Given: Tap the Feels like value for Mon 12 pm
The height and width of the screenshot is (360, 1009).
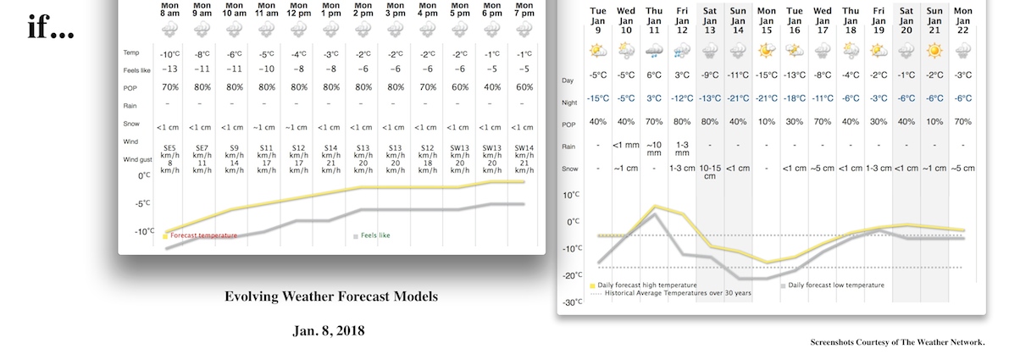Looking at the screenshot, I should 297,69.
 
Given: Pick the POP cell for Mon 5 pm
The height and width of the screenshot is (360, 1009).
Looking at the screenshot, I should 460,86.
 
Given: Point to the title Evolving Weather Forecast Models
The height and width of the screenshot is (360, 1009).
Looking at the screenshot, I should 331,296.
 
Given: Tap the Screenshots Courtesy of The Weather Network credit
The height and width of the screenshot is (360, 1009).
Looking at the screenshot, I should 897,342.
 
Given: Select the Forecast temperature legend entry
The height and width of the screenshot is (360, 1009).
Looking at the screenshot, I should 204,235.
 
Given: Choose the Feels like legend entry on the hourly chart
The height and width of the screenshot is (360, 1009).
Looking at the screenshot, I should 373,236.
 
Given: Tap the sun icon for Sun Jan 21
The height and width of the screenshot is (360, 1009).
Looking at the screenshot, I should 934,51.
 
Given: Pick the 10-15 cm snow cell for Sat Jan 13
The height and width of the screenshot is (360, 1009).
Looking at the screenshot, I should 710,172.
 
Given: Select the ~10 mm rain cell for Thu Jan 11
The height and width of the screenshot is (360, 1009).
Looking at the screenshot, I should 654,149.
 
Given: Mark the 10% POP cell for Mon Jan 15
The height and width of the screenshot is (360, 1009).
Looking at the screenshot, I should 766,121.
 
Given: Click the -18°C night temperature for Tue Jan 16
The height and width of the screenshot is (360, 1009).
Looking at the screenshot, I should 794,98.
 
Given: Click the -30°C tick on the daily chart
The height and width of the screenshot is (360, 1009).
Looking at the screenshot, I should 572,302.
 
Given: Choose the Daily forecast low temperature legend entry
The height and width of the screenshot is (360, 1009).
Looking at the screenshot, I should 834,285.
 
